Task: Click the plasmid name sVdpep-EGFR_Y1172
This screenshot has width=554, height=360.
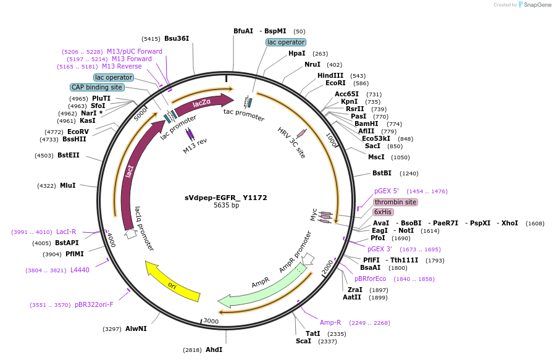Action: point(226,198)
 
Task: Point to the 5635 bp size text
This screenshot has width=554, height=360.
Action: point(226,205)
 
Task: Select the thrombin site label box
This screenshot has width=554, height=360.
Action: point(395,202)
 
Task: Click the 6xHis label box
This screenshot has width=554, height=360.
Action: point(383,212)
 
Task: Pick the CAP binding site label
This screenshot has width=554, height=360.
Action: point(97,87)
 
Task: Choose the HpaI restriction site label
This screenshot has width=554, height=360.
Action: point(297,53)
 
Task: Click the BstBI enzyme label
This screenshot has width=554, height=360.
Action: point(382,173)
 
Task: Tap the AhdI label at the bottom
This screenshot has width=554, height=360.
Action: point(214,350)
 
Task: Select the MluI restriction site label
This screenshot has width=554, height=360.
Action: point(68,185)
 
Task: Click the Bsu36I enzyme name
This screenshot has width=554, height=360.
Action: point(177,38)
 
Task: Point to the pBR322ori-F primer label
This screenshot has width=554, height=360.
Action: point(94,304)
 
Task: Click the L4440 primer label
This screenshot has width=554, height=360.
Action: point(80,270)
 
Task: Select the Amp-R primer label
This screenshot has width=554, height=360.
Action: point(330,322)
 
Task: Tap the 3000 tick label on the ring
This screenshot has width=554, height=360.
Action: point(211,320)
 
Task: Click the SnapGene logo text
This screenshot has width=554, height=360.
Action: point(537,4)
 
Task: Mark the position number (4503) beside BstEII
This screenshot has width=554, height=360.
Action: point(44,156)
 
